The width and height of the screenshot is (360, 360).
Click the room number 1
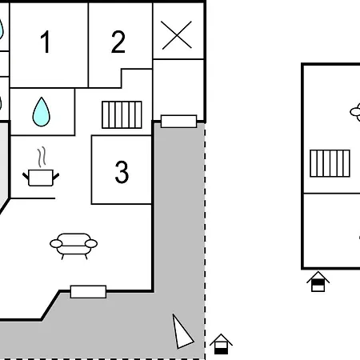point(46,42)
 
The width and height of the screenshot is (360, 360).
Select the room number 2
point(118,42)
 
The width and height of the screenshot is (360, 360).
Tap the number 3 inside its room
point(122,172)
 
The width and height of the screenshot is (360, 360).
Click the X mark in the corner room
point(177,35)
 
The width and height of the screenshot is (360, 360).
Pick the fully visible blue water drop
point(42,112)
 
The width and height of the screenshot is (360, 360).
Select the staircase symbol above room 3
point(122,114)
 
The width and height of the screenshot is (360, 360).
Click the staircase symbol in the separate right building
point(330,163)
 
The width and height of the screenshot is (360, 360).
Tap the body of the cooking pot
point(41,178)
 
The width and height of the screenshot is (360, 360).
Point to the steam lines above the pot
point(42,157)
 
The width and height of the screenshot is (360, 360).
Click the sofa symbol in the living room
point(74,246)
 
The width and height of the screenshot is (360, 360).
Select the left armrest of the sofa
point(56,243)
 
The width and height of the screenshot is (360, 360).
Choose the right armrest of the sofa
point(91,243)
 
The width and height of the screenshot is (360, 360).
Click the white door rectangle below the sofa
point(88,292)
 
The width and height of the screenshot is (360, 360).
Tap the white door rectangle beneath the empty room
point(178,122)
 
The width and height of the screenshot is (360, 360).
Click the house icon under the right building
point(318,282)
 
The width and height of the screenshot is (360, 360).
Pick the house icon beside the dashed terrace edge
point(221,344)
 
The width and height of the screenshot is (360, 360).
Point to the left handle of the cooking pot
point(26,176)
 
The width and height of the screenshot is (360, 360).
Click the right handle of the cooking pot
point(56,176)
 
